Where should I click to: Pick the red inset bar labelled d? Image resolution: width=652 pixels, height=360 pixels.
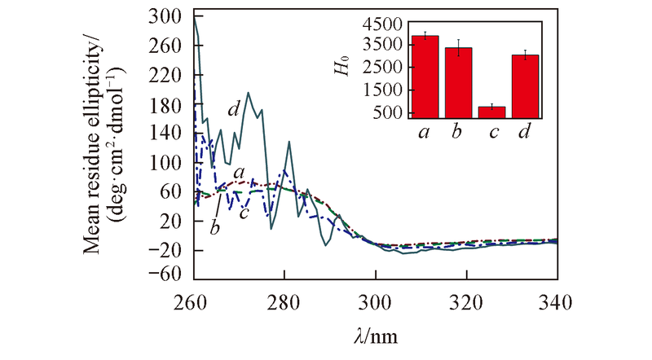(x=526, y=86)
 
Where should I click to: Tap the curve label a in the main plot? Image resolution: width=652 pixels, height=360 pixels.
(x=238, y=173)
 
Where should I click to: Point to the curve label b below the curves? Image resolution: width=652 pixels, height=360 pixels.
(x=214, y=227)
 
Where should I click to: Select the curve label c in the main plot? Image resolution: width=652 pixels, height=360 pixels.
(x=243, y=213)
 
